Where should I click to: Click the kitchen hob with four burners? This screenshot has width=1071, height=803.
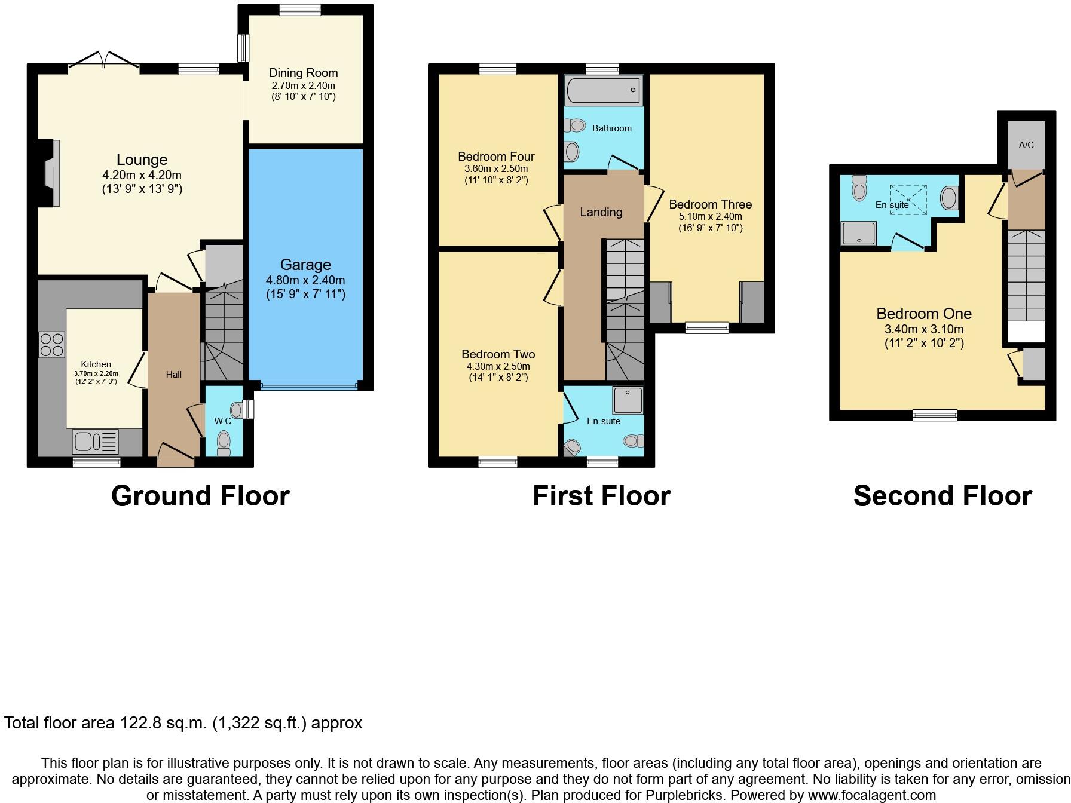51,344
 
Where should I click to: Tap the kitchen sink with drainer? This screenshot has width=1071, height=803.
95,442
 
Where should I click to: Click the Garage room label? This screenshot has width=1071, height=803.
305,265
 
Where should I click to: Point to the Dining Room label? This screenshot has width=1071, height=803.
303,73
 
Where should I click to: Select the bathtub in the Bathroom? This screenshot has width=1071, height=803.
604,91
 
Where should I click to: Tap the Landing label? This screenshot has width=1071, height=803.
601,212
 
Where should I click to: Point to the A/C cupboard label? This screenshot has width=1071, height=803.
1026,145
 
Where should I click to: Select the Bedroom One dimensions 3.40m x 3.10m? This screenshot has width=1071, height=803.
924,329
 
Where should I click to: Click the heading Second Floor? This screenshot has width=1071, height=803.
943,496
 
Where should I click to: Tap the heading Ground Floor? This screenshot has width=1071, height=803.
200,496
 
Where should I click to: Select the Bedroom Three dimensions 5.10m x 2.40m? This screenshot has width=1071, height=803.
710,217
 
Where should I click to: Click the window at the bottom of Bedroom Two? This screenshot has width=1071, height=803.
498,461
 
